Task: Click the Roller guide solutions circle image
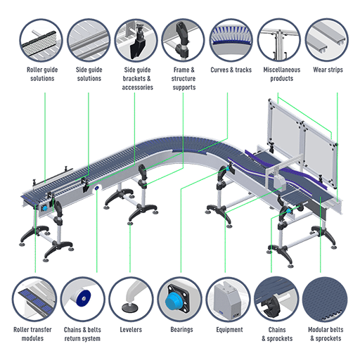point(41,41)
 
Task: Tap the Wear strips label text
point(328,70)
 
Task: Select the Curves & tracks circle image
point(231,41)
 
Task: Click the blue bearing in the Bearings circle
point(174,302)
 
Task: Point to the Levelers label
point(131,330)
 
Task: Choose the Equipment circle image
point(229,299)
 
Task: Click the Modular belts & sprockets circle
point(325,299)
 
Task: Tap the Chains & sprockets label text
point(277,334)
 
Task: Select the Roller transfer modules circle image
point(34,299)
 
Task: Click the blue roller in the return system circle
point(83,298)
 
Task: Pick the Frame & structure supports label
point(184,79)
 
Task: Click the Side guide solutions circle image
point(89,41)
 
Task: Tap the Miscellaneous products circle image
point(279,41)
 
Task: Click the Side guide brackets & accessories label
point(137,79)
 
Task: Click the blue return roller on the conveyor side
point(96,188)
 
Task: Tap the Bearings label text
point(181,330)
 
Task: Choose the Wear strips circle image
point(327,41)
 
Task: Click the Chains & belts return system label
point(82,334)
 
